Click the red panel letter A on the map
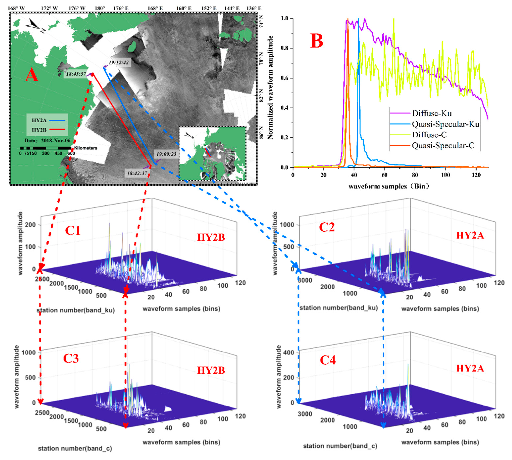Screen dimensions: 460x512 32,75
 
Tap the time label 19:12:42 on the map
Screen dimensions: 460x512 118,62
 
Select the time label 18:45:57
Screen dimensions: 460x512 76,74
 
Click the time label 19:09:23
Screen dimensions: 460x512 166,154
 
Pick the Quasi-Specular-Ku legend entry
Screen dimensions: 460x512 445,124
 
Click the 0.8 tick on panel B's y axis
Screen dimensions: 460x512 285,48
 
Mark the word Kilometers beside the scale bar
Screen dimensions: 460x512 85,148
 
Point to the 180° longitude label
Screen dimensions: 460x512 100,8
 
